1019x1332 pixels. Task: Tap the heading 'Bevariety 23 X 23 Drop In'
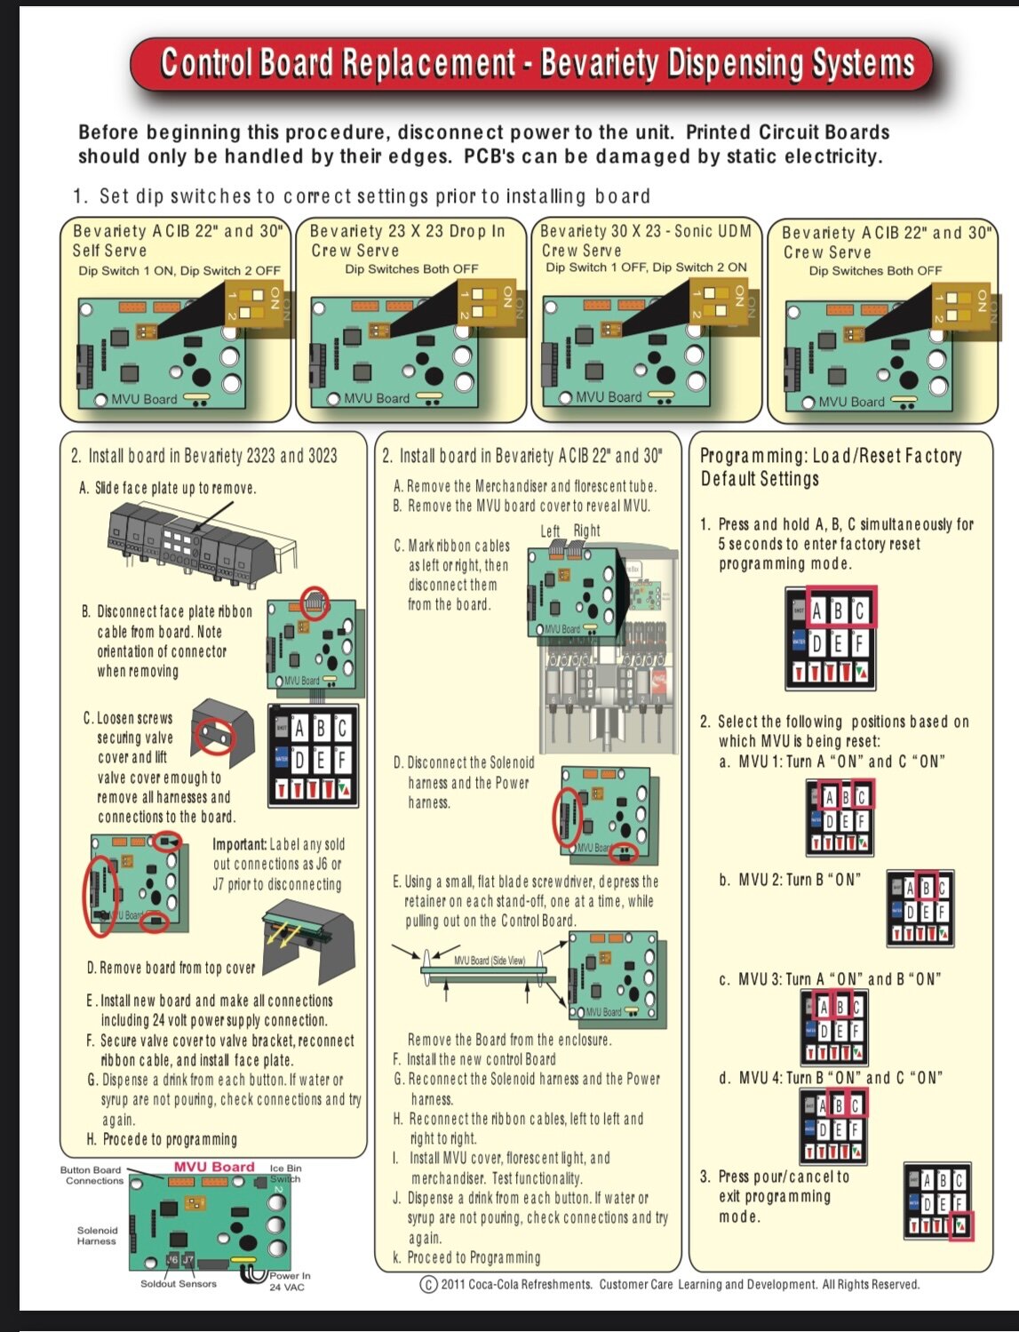(407, 231)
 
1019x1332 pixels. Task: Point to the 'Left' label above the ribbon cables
(551, 530)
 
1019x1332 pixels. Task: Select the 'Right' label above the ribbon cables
(586, 530)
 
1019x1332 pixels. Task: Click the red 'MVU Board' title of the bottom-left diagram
(214, 1167)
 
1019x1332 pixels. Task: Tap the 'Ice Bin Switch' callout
(285, 1173)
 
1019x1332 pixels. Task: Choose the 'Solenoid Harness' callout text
(96, 1235)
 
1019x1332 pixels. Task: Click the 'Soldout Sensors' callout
(178, 1283)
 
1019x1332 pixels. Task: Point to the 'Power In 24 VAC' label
(290, 1280)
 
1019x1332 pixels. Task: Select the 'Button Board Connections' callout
(92, 1175)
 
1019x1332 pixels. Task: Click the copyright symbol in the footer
(428, 1284)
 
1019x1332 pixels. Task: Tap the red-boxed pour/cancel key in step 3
(962, 1225)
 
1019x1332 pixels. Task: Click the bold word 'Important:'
(239, 844)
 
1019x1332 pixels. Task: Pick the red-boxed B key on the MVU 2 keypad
(926, 887)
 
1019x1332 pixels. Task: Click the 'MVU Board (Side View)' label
(490, 961)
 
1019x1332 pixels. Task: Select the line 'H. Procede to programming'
(162, 1139)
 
